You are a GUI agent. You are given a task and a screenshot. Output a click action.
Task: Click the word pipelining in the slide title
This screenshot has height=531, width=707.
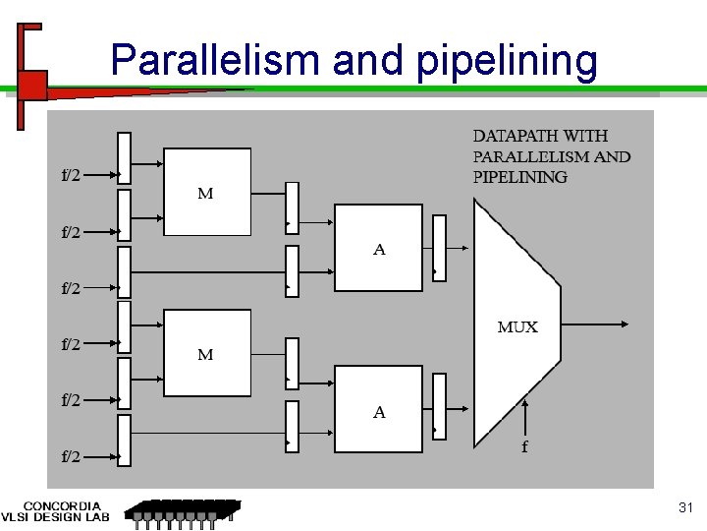click(x=505, y=61)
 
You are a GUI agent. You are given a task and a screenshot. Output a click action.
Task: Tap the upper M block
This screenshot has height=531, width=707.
click(x=207, y=192)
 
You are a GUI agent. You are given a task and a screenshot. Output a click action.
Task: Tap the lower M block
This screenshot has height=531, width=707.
click(x=207, y=352)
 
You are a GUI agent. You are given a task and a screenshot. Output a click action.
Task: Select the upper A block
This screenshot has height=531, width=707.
click(x=379, y=248)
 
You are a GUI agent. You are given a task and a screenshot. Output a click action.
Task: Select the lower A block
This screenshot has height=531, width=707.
click(x=379, y=409)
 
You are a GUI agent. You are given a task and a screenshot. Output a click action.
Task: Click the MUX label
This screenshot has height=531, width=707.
click(x=517, y=327)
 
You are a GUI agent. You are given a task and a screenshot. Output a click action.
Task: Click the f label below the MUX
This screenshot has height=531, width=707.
click(x=524, y=447)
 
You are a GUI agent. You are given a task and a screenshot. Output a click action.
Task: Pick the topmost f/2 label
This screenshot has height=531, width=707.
click(x=72, y=176)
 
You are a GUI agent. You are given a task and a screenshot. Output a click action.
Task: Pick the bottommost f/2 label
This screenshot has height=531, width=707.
click(x=72, y=456)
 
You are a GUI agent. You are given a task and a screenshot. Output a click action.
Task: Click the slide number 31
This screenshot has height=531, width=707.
click(x=685, y=507)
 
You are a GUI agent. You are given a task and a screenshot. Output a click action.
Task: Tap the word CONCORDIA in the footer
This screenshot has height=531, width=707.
click(x=61, y=506)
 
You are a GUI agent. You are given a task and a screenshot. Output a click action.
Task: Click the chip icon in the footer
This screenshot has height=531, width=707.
click(x=183, y=511)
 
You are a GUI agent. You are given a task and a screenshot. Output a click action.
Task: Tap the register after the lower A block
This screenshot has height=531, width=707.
click(x=439, y=406)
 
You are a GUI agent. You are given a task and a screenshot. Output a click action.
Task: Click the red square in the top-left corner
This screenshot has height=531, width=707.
click(x=32, y=85)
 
